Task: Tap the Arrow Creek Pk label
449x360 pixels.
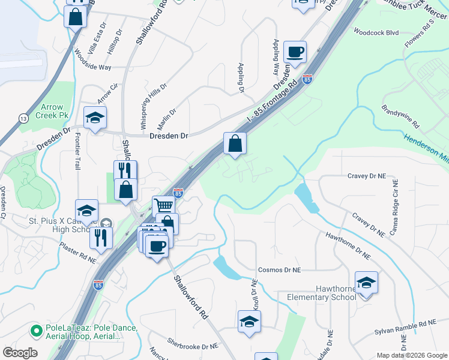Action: point(52,111)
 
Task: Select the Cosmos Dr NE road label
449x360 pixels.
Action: point(279,270)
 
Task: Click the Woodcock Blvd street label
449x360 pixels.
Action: point(376,32)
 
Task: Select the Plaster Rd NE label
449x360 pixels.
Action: point(77,253)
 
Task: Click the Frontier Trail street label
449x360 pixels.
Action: point(77,150)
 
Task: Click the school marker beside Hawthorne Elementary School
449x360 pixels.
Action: point(366,282)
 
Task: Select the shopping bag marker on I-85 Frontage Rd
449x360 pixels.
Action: point(235,143)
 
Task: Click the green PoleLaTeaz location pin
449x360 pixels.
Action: point(36,329)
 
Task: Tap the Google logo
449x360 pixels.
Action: point(20,353)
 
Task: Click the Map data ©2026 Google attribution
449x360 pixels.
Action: point(412,355)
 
